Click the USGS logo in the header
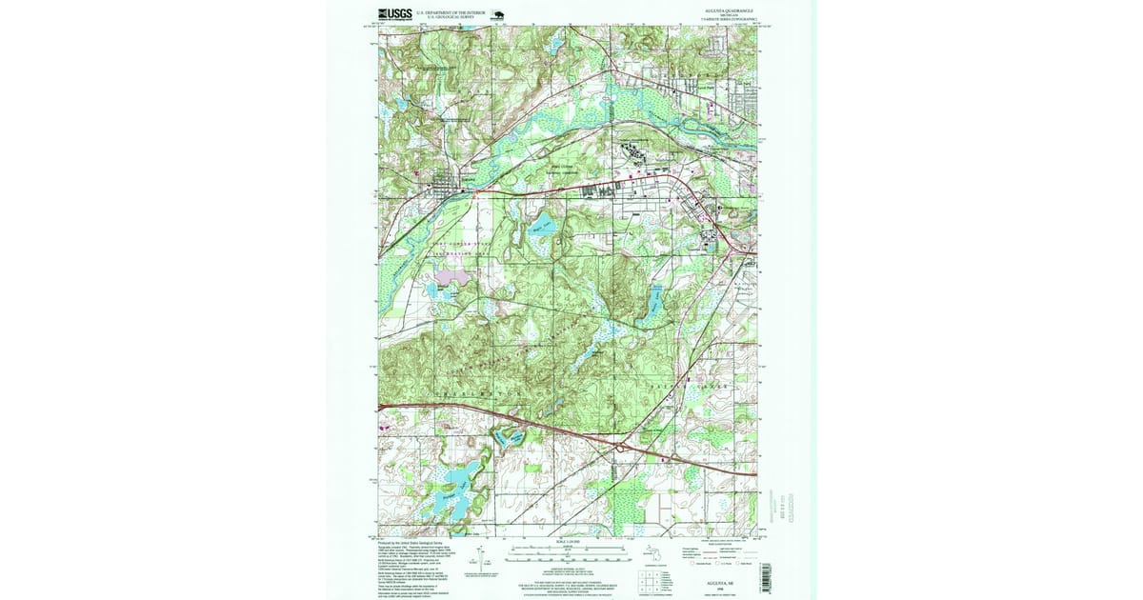pos(393,13)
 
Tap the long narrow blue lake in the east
pos(656,301)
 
